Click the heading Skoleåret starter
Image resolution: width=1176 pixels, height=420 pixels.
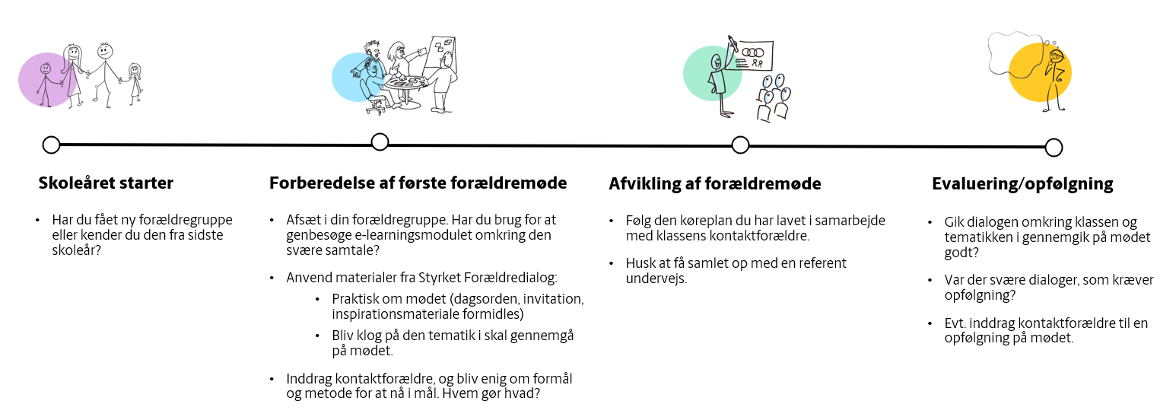[x=106, y=183]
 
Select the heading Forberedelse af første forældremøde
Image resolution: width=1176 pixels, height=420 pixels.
[x=418, y=183]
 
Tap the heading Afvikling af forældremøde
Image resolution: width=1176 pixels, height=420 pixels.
[x=714, y=184]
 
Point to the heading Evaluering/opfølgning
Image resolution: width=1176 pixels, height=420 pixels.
[x=1022, y=184]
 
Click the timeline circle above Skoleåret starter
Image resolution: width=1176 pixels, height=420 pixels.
[x=51, y=145]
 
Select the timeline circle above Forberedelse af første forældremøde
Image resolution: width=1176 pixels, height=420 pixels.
[x=380, y=142]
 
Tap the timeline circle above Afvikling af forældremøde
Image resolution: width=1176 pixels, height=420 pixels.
[x=740, y=145]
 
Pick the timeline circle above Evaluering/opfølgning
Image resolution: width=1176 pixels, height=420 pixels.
[x=1054, y=148]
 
